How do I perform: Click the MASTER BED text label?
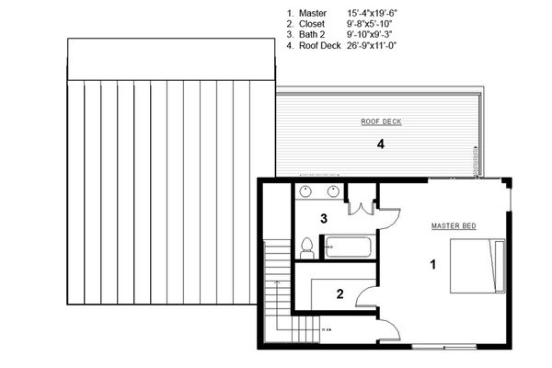[x=454, y=225]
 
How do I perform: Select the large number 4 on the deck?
[x=378, y=144]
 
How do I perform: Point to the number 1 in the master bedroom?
[x=433, y=265]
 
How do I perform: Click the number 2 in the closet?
[x=339, y=294]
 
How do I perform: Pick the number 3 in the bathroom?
[x=324, y=218]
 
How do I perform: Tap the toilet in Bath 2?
[x=306, y=247]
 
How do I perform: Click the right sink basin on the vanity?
[x=331, y=191]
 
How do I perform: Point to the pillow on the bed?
[x=499, y=266]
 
